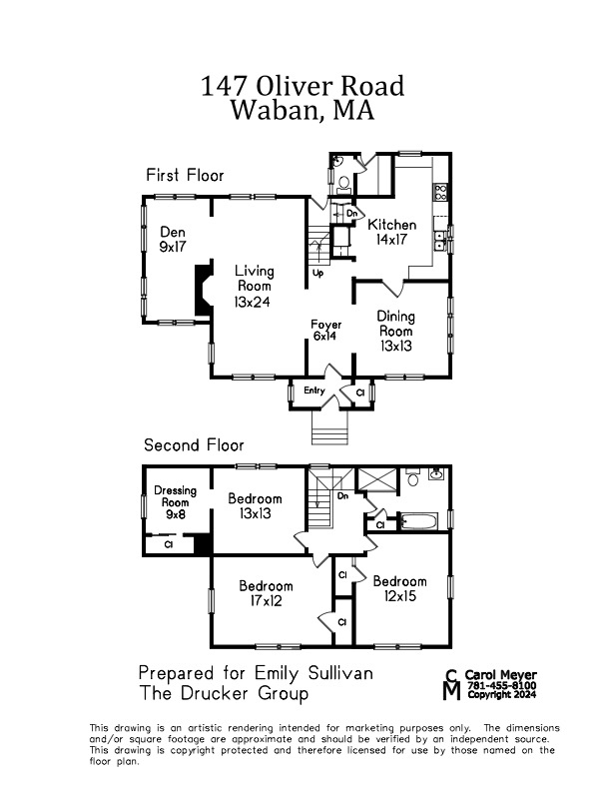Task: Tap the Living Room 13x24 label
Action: (255, 286)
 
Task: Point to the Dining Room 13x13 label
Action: (395, 331)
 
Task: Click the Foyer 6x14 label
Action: (326, 331)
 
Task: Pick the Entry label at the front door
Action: (313, 391)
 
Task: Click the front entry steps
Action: (333, 429)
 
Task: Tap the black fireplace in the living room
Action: (204, 290)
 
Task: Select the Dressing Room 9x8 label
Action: (175, 502)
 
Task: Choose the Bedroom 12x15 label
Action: (399, 588)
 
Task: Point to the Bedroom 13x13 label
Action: (256, 505)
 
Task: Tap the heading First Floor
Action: (185, 175)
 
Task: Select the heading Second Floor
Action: (194, 445)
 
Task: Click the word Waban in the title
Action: (270, 110)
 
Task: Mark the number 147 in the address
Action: (222, 86)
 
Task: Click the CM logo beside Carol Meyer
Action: (452, 684)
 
